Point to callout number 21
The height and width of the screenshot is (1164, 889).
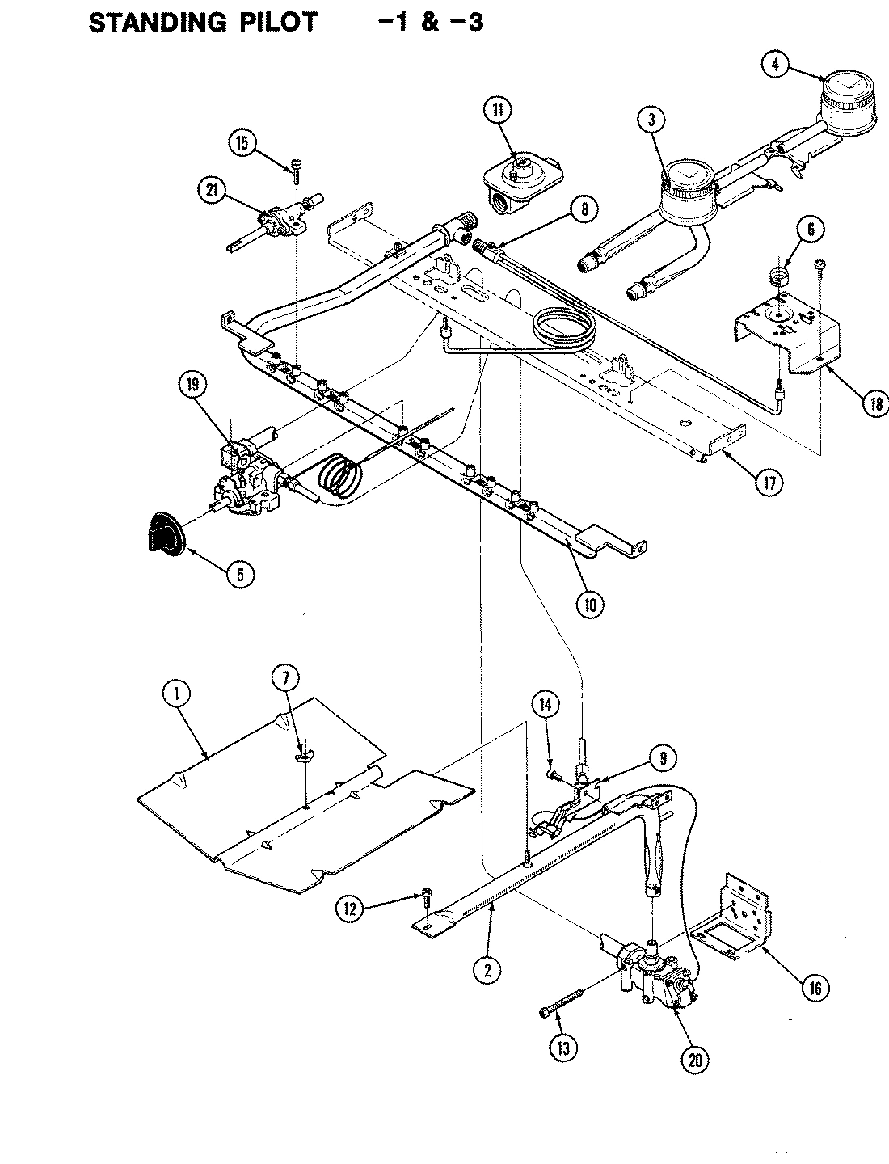coord(211,191)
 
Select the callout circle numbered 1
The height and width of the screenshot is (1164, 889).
coord(177,693)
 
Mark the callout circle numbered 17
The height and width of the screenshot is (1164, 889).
coord(769,483)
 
